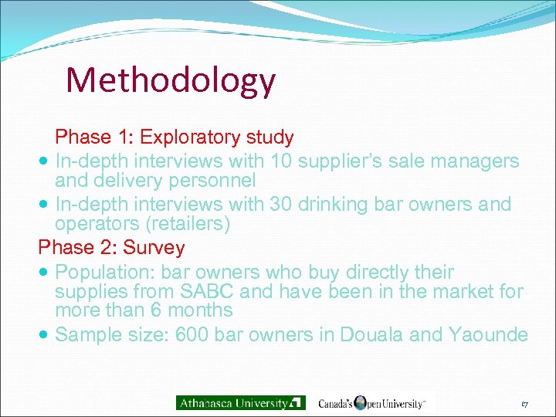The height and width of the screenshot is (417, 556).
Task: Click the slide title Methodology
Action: pyautogui.click(x=170, y=80)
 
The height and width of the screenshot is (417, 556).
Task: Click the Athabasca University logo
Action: pyautogui.click(x=240, y=402)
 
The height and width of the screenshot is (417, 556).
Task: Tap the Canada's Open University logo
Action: pyautogui.click(x=371, y=402)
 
